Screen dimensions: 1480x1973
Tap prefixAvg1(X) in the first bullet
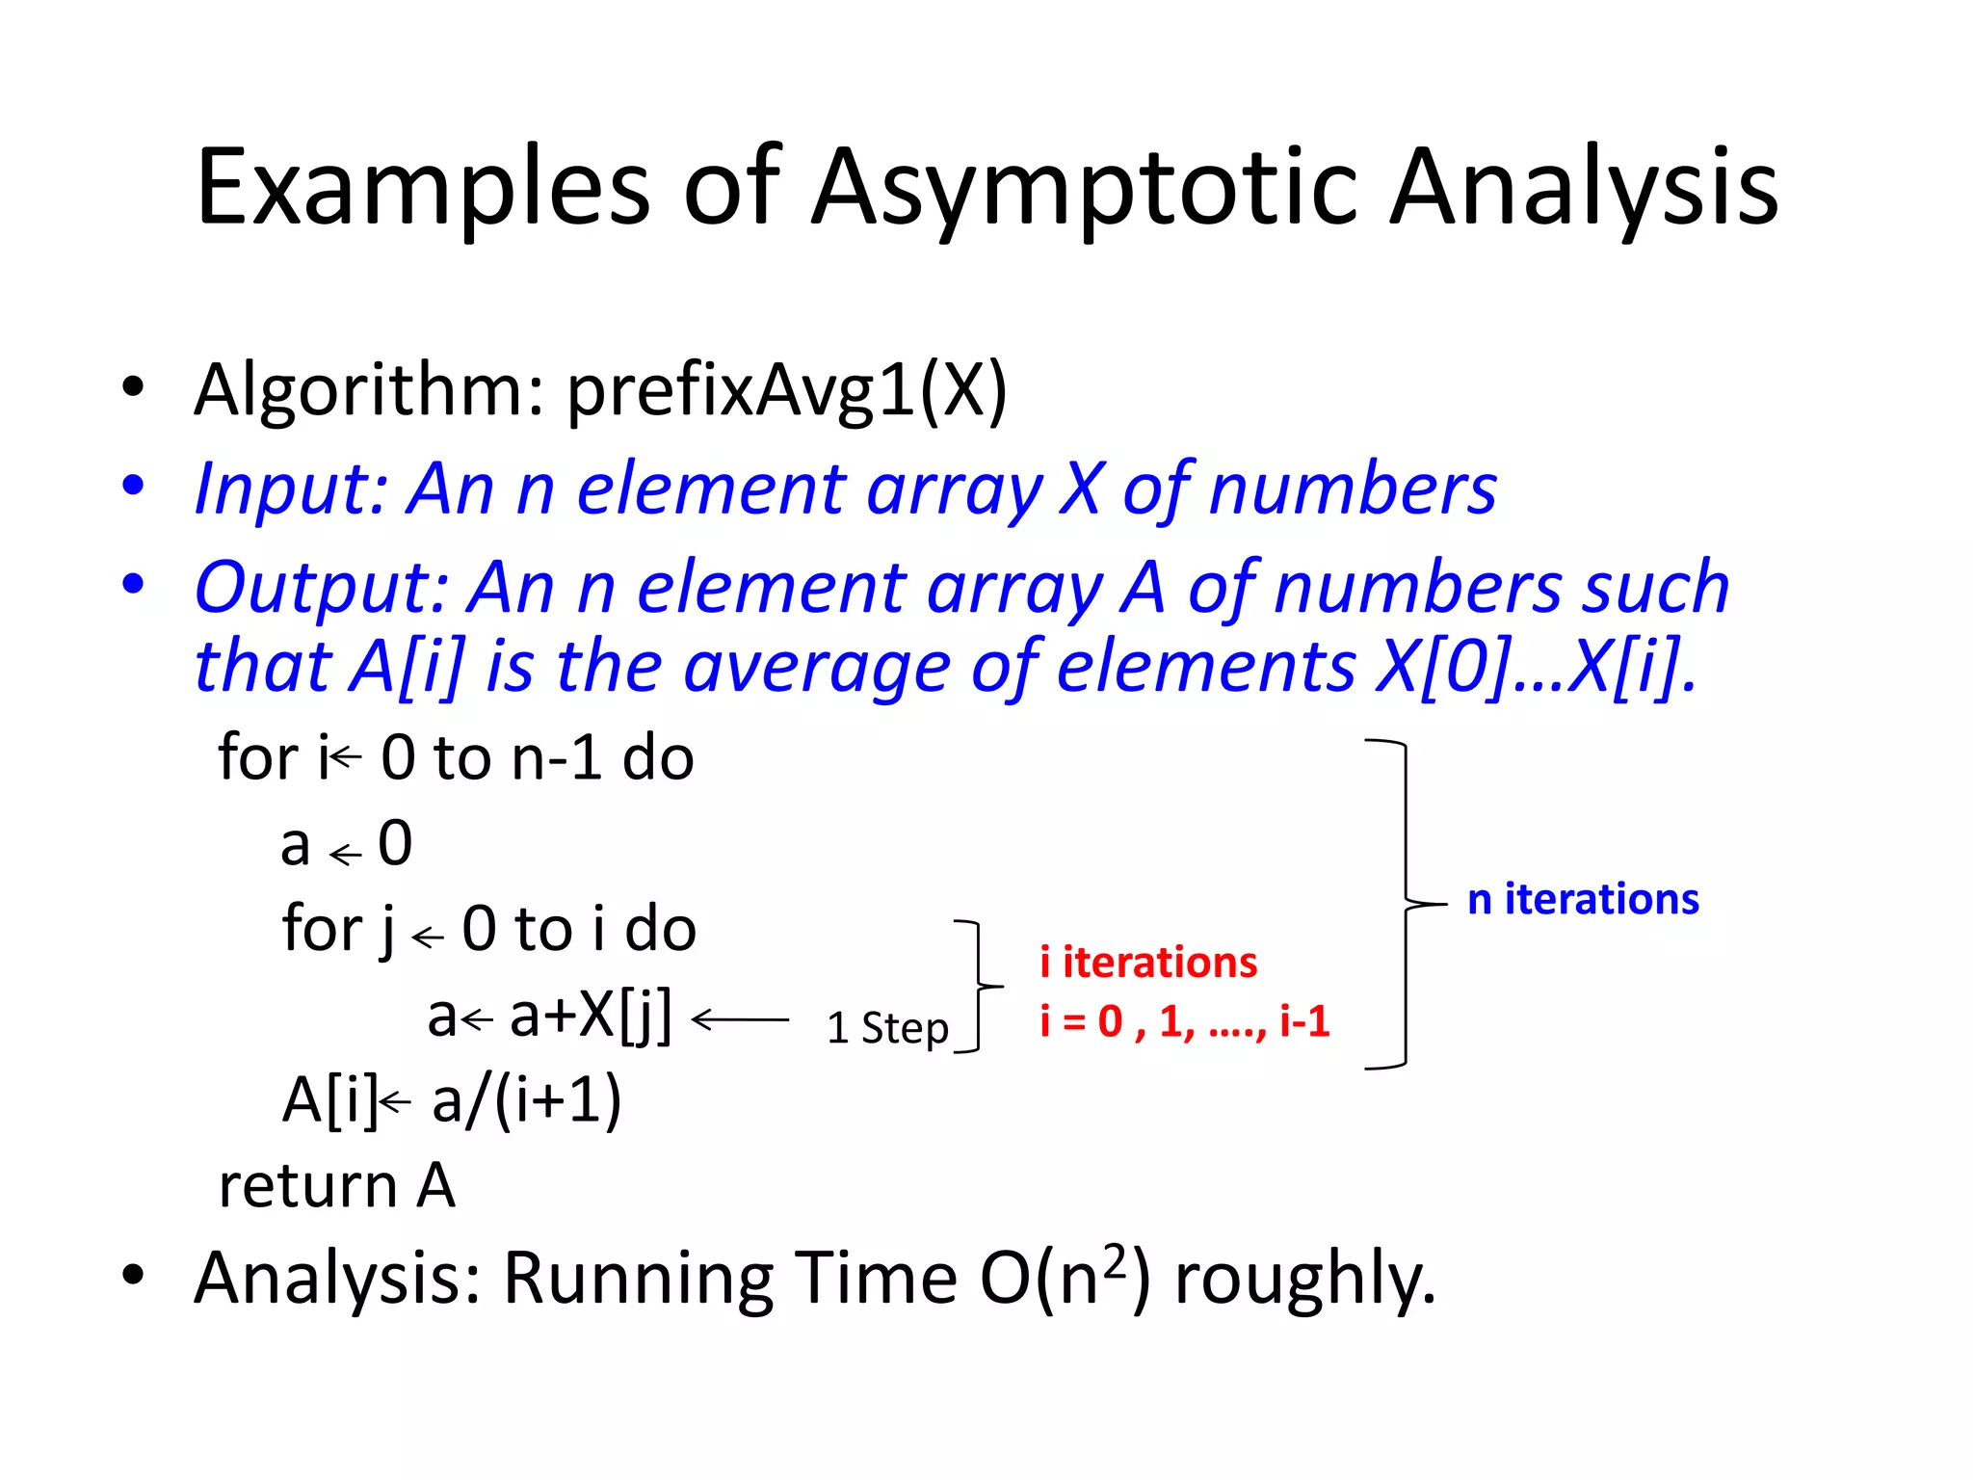pyautogui.click(x=786, y=390)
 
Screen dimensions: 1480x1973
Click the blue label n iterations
pyautogui.click(x=1583, y=899)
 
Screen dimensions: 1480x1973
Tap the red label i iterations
pyautogui.click(x=1148, y=963)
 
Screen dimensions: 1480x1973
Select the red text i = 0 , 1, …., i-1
pyautogui.click(x=1184, y=1021)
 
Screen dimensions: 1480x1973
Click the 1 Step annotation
pyautogui.click(x=887, y=1028)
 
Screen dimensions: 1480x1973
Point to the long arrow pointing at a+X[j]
pyautogui.click(x=740, y=1018)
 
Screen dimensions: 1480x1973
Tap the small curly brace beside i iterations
pyautogui.click(x=978, y=986)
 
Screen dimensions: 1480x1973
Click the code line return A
pyautogui.click(x=336, y=1185)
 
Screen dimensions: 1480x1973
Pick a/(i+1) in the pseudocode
pyautogui.click(x=526, y=1100)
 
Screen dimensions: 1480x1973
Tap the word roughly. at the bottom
pyautogui.click(x=1304, y=1281)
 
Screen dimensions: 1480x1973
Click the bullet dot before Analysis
pyautogui.click(x=133, y=1275)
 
